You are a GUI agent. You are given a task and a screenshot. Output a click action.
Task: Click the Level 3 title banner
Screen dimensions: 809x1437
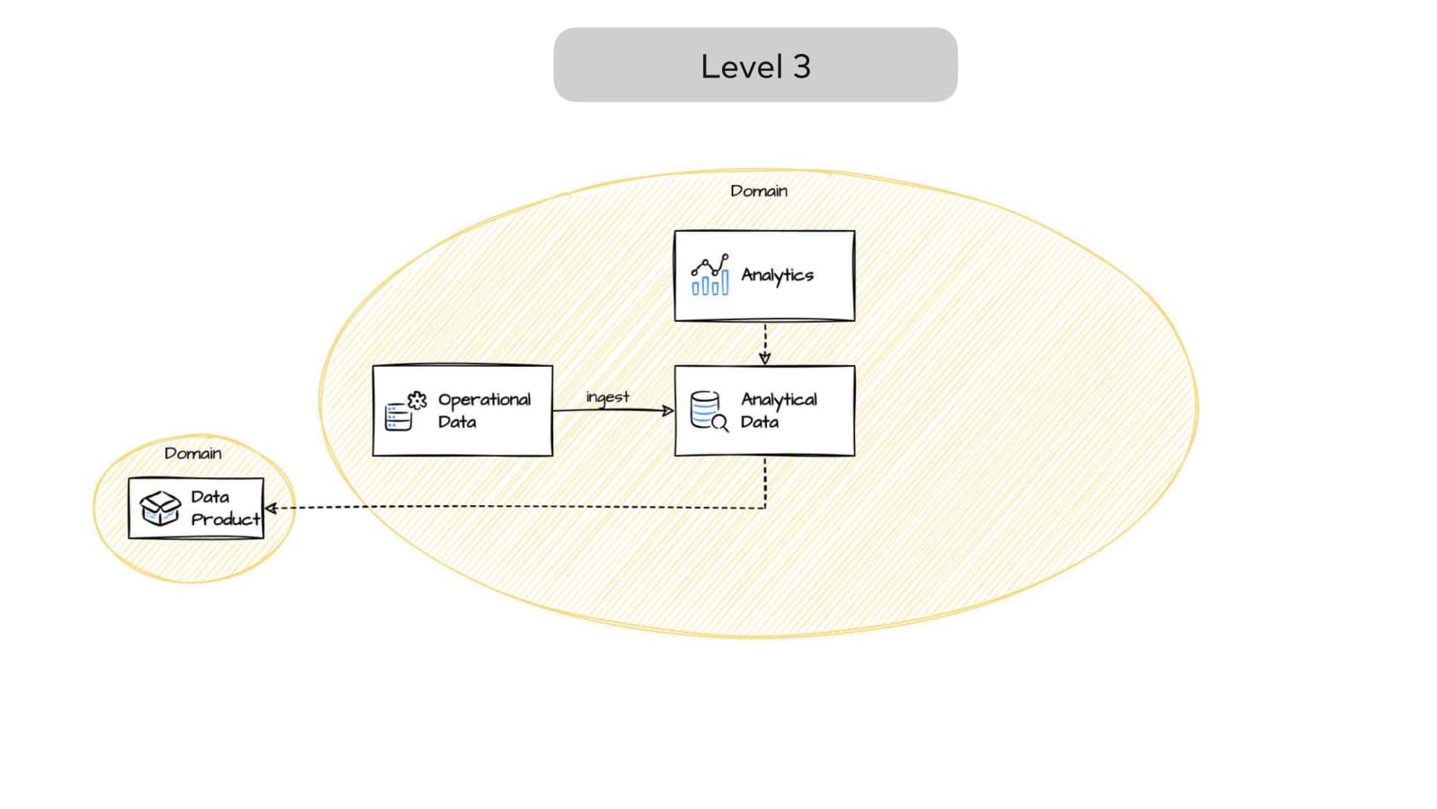(754, 65)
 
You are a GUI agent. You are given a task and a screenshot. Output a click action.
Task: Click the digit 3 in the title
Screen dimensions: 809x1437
(800, 67)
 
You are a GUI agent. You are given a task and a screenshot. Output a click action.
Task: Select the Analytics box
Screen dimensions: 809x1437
(764, 275)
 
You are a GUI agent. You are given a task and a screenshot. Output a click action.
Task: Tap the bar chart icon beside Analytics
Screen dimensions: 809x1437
(710, 275)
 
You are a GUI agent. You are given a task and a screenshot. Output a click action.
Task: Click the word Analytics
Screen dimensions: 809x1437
(777, 275)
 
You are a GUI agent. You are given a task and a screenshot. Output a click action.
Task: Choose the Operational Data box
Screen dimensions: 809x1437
(463, 411)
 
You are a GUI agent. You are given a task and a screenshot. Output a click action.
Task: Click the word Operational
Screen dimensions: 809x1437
(484, 400)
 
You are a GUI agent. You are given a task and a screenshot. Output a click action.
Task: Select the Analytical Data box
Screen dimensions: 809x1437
(764, 411)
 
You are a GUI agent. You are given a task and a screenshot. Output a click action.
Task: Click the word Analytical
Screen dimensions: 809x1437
(779, 400)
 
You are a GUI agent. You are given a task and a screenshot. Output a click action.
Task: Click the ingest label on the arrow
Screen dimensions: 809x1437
(607, 397)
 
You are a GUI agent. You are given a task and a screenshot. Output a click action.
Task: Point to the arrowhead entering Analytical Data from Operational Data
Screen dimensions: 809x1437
(668, 411)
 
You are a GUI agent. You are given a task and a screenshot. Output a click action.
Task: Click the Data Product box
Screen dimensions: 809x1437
(196, 508)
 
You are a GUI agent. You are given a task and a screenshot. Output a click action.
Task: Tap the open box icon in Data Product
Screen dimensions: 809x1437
(160, 508)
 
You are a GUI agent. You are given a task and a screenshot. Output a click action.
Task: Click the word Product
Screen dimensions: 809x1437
(225, 519)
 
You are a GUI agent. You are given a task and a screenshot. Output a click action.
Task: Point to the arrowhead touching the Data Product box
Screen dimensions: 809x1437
(270, 508)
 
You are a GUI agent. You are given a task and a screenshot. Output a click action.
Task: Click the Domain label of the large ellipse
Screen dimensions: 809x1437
(758, 191)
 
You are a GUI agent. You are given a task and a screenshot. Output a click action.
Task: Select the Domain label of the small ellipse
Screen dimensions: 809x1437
(192, 453)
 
